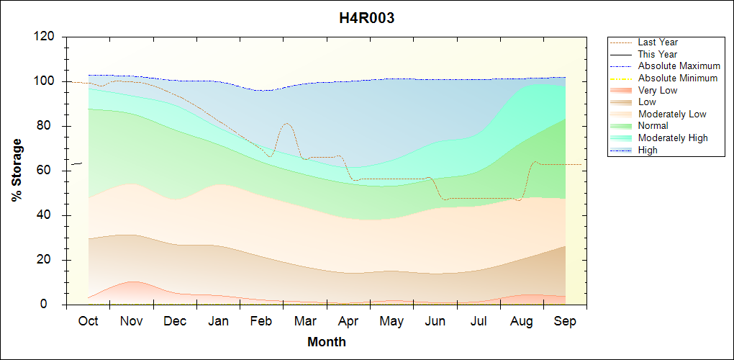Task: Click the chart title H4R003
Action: tap(366, 19)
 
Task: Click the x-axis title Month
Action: tap(327, 342)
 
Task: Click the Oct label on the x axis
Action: tap(88, 321)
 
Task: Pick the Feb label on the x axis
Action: tap(261, 321)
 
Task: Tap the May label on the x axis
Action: tap(391, 321)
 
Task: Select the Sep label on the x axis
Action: tap(565, 321)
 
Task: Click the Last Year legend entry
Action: tap(658, 42)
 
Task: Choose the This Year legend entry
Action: tap(658, 54)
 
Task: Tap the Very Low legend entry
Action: tap(658, 90)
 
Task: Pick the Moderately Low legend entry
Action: tap(672, 114)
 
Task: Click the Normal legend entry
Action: tap(653, 126)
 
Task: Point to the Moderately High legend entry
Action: tap(673, 138)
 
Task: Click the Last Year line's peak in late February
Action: tap(286, 123)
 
